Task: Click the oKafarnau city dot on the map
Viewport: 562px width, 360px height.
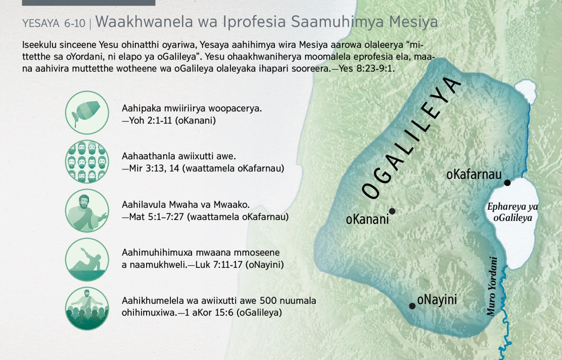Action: pyautogui.click(x=507, y=183)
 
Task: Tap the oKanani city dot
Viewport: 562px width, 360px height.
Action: pyautogui.click(x=392, y=211)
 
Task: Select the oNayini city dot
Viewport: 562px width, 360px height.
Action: pyautogui.click(x=412, y=306)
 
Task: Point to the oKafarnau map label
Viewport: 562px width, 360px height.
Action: pyautogui.click(x=474, y=174)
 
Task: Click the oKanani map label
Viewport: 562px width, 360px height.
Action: pyautogui.click(x=367, y=219)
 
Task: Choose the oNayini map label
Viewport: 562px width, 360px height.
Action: pyautogui.click(x=437, y=300)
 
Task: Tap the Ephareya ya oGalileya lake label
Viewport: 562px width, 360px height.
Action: pyautogui.click(x=512, y=212)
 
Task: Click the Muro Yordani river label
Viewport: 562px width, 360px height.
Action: pyautogui.click(x=492, y=286)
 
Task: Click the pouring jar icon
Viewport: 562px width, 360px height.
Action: pyautogui.click(x=87, y=112)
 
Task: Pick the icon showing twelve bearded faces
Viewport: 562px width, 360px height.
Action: pyautogui.click(x=87, y=162)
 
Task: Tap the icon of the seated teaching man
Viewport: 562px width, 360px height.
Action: pyautogui.click(x=87, y=210)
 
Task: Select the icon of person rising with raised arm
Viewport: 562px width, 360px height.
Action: pyautogui.click(x=87, y=259)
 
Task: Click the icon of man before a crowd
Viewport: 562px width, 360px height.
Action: pyautogui.click(x=87, y=309)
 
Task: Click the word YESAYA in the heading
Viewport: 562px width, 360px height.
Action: pyautogui.click(x=41, y=23)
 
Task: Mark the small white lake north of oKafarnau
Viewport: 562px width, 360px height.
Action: pyautogui.click(x=525, y=90)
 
